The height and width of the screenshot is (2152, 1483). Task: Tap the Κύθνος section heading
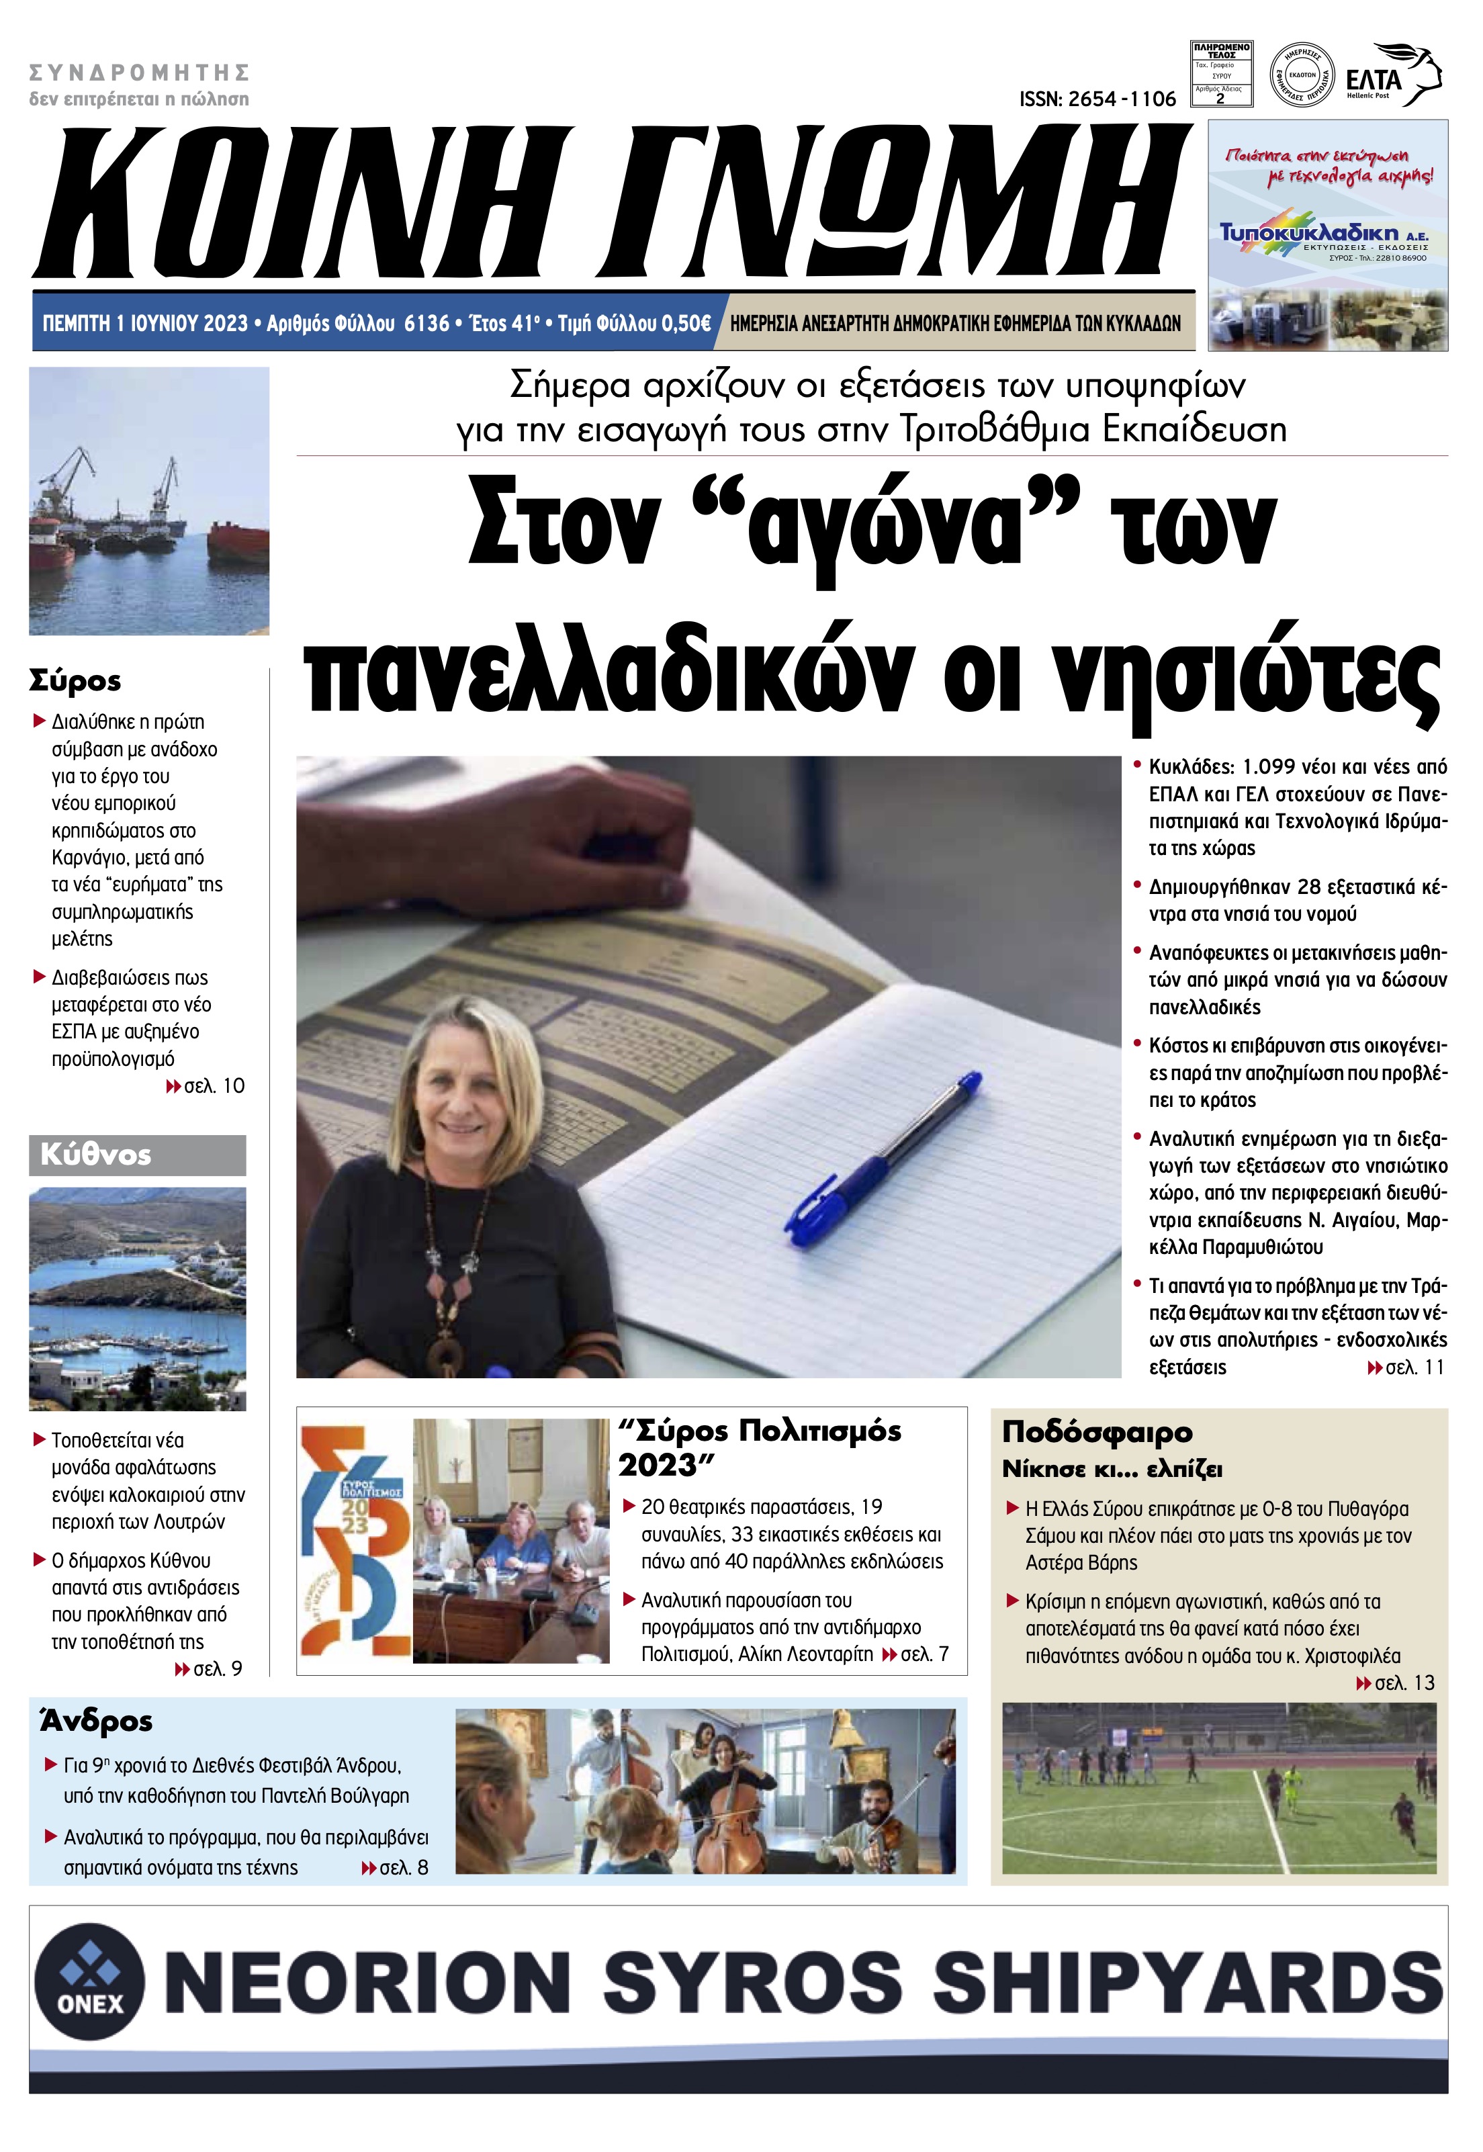point(95,1155)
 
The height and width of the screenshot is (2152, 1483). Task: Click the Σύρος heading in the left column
point(75,680)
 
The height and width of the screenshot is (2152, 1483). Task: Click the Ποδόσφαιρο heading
point(1096,1432)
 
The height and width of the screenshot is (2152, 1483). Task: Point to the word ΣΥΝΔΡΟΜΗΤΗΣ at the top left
point(140,73)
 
